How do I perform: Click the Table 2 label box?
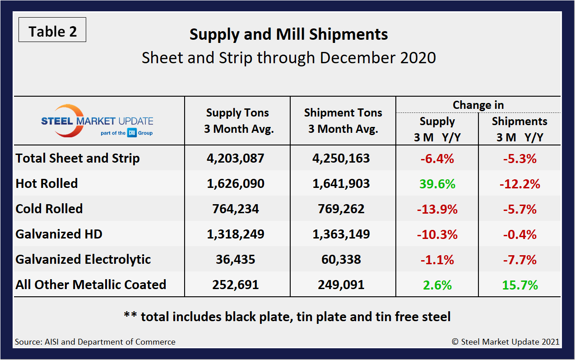tap(52, 31)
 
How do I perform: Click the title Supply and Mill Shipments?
tap(288, 35)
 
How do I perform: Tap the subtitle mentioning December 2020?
tap(288, 58)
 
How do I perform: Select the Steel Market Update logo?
tap(97, 121)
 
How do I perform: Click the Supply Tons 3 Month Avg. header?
tap(238, 121)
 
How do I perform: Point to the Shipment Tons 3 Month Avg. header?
tap(343, 121)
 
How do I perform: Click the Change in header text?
tap(478, 105)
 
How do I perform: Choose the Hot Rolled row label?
tap(47, 183)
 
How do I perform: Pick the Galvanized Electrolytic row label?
tap(83, 259)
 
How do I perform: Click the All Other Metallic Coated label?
tap(91, 285)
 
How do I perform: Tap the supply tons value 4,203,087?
tap(238, 159)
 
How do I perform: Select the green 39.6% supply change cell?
tap(437, 184)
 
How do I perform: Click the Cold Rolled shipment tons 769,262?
tap(343, 209)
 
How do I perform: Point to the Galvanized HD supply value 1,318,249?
tap(238, 234)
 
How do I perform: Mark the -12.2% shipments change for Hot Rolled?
tap(519, 184)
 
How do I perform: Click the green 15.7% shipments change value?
tap(519, 285)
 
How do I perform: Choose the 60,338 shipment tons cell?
tap(343, 260)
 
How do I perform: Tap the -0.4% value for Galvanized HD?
tap(519, 234)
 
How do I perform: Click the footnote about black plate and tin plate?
tap(287, 317)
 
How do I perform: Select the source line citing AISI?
tap(95, 342)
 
